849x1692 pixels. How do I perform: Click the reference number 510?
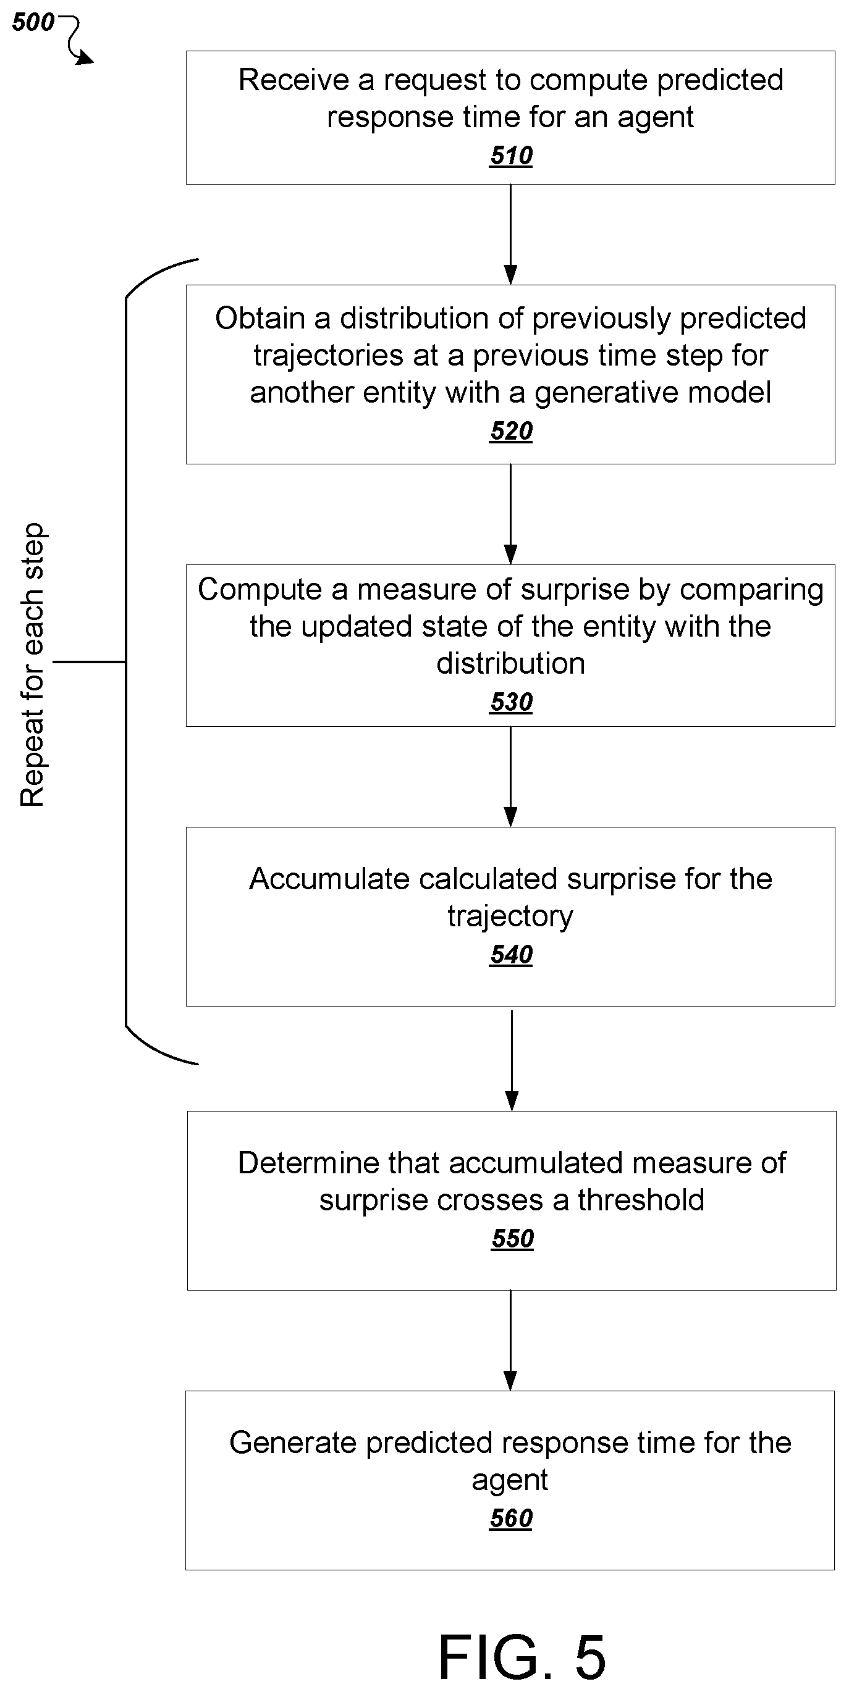(511, 156)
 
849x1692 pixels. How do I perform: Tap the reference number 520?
(511, 431)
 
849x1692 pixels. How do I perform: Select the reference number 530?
(511, 702)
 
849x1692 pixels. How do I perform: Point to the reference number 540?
(511, 955)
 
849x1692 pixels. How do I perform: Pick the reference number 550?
(513, 1238)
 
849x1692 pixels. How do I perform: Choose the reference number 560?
(511, 1518)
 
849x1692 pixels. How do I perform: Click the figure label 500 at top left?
(33, 22)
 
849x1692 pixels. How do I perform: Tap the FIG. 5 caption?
(522, 1657)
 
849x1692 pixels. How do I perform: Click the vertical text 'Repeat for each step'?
(32, 664)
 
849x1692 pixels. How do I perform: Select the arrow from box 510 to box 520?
(510, 235)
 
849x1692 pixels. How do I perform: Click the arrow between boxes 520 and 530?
(510, 514)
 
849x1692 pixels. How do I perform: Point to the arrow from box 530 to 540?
(510, 776)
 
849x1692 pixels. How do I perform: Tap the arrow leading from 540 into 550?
(512, 1060)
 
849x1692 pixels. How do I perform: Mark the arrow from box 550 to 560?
(510, 1341)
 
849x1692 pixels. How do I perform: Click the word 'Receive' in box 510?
(294, 80)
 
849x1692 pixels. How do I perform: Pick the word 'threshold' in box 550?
(641, 1200)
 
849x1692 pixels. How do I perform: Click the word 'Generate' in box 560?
(293, 1443)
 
